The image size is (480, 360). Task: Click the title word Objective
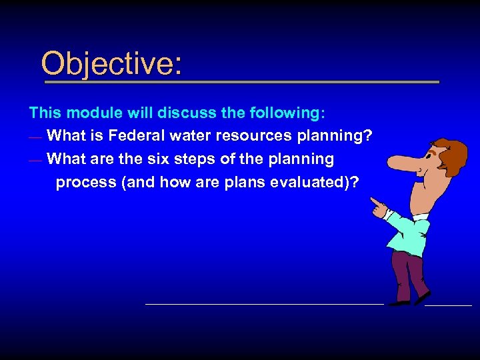tap(111, 64)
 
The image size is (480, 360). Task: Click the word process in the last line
tap(83, 183)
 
